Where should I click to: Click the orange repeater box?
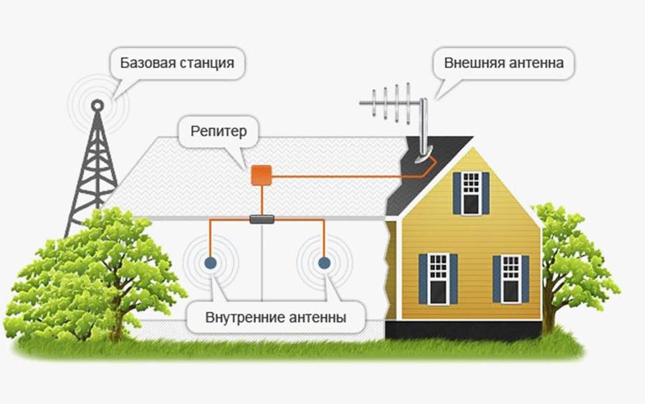click(x=261, y=174)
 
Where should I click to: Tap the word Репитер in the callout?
click(x=219, y=132)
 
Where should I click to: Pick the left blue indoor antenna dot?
click(x=211, y=263)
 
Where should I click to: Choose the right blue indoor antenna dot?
click(x=324, y=263)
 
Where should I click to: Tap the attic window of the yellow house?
click(x=471, y=192)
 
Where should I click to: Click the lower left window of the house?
click(x=438, y=278)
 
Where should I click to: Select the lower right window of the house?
click(x=510, y=278)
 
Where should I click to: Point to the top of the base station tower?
click(x=97, y=105)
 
